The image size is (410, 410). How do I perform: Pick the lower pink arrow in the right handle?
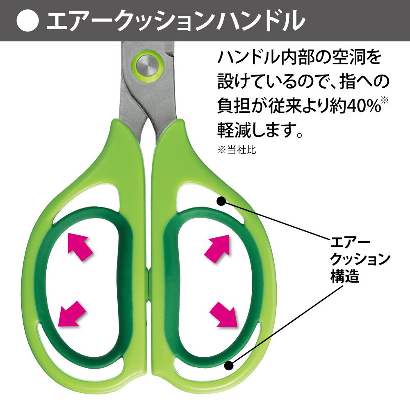click(x=224, y=314)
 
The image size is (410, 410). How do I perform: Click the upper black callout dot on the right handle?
click(x=221, y=201)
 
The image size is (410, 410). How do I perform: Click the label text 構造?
click(x=345, y=278)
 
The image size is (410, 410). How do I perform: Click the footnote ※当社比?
click(x=237, y=150)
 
